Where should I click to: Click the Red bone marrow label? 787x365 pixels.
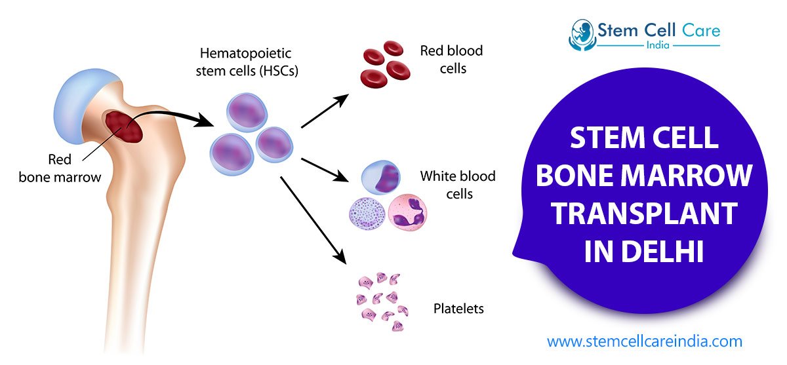[x=60, y=167]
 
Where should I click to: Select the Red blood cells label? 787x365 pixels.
[x=443, y=58]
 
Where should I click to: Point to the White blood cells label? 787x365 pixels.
[x=457, y=184]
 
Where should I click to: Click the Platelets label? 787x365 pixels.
[x=458, y=307]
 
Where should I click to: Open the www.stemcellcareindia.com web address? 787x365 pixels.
[x=644, y=341]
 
